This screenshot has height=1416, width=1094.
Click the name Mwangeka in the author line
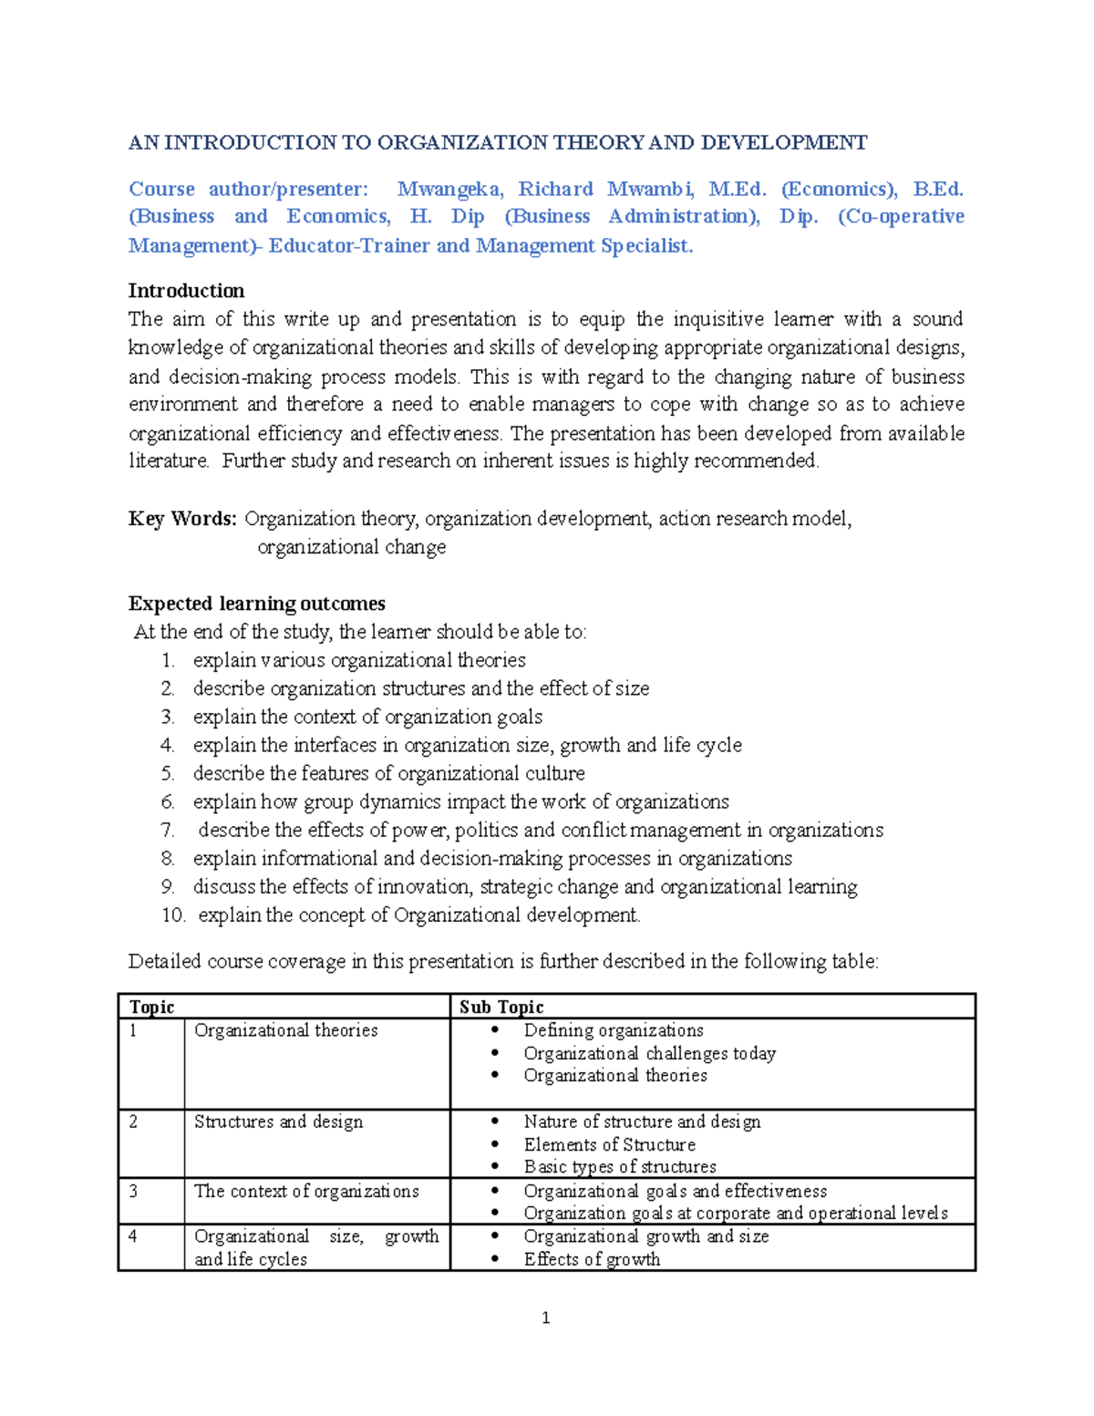[x=449, y=189]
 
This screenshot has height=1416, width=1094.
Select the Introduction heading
[x=186, y=291]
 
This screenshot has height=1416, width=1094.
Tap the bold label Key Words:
[x=182, y=519]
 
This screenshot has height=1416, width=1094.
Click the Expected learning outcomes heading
[x=256, y=604]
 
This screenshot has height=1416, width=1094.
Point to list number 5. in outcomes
[x=168, y=773]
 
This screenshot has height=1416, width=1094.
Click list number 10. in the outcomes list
[x=173, y=915]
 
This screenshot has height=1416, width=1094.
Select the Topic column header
[x=151, y=1007]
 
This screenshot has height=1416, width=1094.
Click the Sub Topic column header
[x=501, y=1007]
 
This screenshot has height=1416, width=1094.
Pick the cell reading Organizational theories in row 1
[x=285, y=1030]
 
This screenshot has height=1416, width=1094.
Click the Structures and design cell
[x=278, y=1121]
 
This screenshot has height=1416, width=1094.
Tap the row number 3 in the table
[x=133, y=1191]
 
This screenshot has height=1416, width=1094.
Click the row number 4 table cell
[x=133, y=1236]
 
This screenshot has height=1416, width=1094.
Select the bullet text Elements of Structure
[x=609, y=1144]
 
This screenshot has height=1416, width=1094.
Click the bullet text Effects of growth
[x=592, y=1259]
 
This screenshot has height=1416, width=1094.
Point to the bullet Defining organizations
[x=614, y=1030]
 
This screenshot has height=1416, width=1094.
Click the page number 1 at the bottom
[x=545, y=1318]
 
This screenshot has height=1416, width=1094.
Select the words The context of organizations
[x=306, y=1191]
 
